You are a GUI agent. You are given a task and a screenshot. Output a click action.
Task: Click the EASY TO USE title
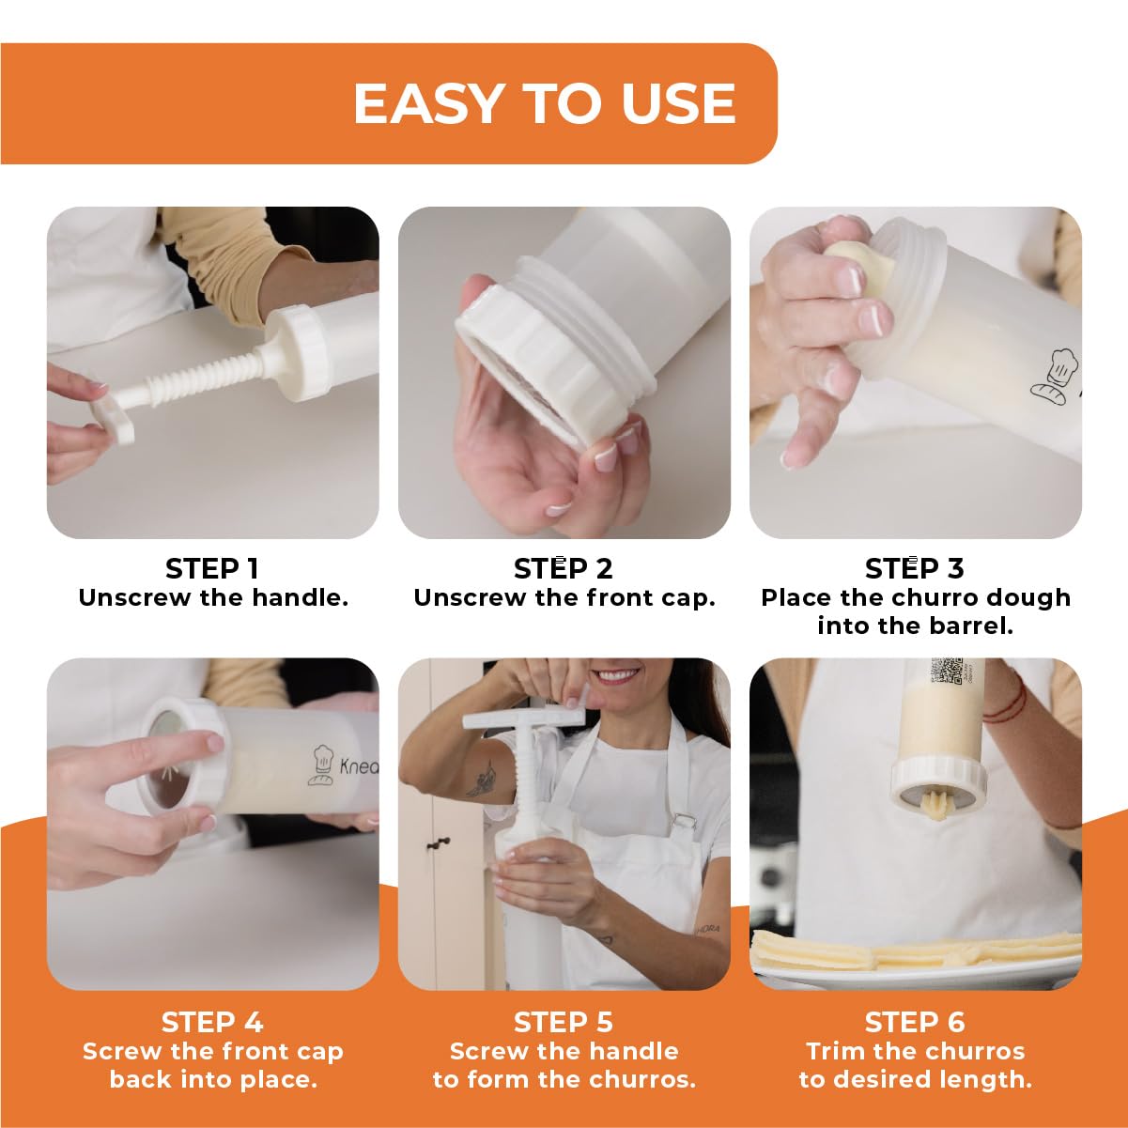544,103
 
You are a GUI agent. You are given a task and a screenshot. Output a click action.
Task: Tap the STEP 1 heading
212,568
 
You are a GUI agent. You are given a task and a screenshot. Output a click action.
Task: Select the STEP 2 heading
563,568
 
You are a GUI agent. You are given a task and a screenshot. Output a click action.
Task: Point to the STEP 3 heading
914,568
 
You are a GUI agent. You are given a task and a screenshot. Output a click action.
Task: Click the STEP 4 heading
212,1022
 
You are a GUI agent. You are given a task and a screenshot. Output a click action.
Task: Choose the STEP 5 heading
563,1022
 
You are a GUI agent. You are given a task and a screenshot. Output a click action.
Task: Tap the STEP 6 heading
914,1022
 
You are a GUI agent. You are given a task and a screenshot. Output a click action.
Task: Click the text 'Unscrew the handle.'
213,598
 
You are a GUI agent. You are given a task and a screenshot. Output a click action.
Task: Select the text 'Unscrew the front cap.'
564,598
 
